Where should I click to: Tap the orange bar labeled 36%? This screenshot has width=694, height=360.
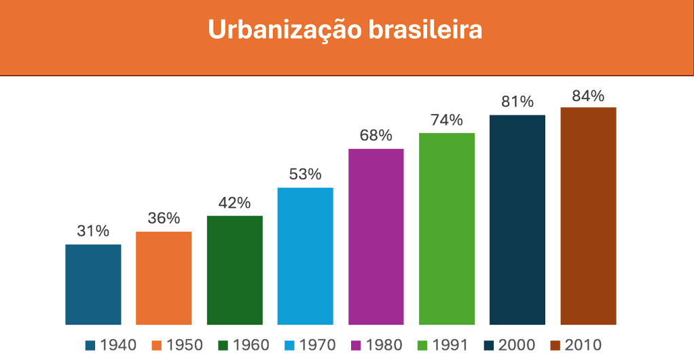pyautogui.click(x=164, y=278)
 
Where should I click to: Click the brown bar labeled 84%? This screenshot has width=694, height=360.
pyautogui.click(x=587, y=215)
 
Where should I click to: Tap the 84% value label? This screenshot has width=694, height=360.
pyautogui.click(x=587, y=96)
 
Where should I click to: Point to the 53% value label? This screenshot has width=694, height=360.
pyautogui.click(x=305, y=175)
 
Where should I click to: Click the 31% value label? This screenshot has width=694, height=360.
pyautogui.click(x=93, y=231)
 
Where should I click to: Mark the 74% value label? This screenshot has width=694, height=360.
pyautogui.click(x=446, y=121)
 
